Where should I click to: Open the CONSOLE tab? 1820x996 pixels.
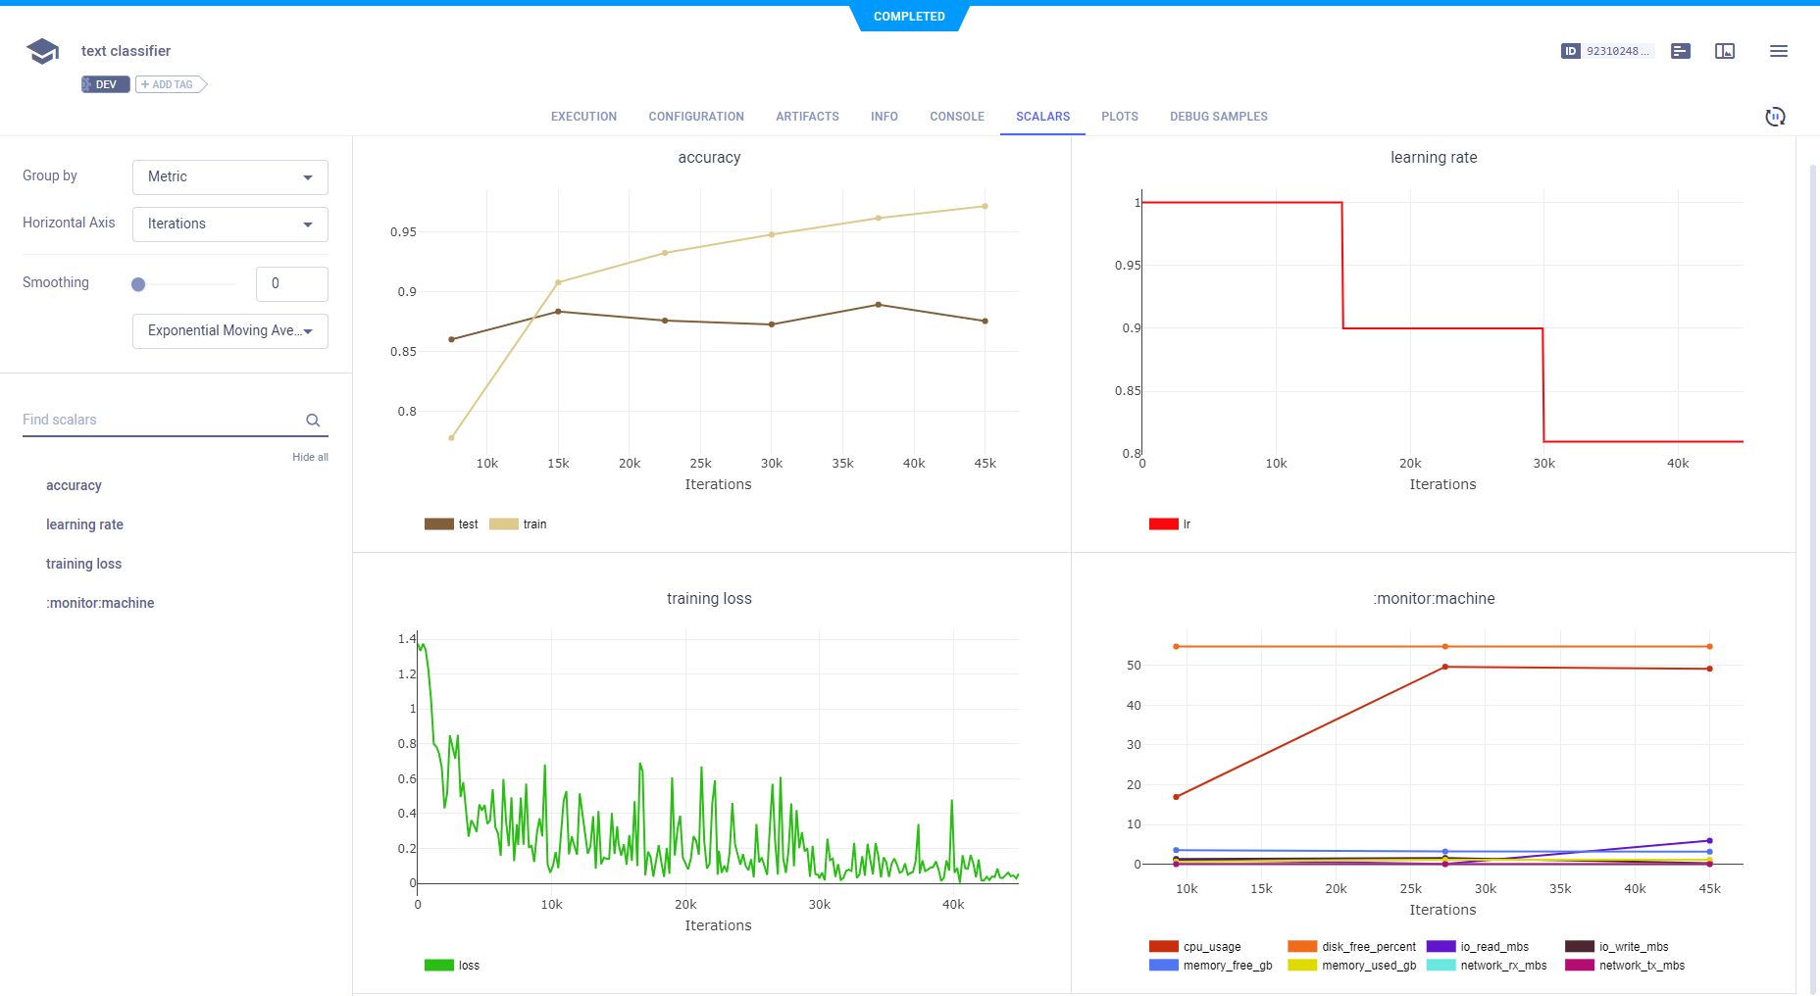[956, 117]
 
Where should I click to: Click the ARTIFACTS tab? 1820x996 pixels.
[807, 117]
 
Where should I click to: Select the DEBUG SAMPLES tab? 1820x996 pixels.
[1218, 117]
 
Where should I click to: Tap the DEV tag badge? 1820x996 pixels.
[105, 84]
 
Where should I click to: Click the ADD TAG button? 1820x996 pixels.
[171, 84]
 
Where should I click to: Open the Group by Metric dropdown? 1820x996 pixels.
[230, 177]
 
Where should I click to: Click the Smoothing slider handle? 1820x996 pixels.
[138, 284]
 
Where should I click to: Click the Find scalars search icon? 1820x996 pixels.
[313, 421]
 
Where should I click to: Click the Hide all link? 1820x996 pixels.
[310, 457]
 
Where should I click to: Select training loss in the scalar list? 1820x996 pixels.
[83, 564]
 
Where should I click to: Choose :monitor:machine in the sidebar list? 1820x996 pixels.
[100, 603]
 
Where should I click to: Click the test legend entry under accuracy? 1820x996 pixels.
[467, 524]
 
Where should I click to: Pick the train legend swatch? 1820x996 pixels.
[504, 524]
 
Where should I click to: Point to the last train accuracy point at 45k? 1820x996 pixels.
[985, 206]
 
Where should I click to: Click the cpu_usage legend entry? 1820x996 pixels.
[1211, 947]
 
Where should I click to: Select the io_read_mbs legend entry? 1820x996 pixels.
[1493, 947]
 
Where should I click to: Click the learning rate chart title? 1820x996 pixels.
[1433, 158]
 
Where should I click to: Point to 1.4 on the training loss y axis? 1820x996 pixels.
[406, 639]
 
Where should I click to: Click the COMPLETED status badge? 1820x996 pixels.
[909, 17]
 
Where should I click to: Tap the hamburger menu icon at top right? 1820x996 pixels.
[1778, 51]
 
